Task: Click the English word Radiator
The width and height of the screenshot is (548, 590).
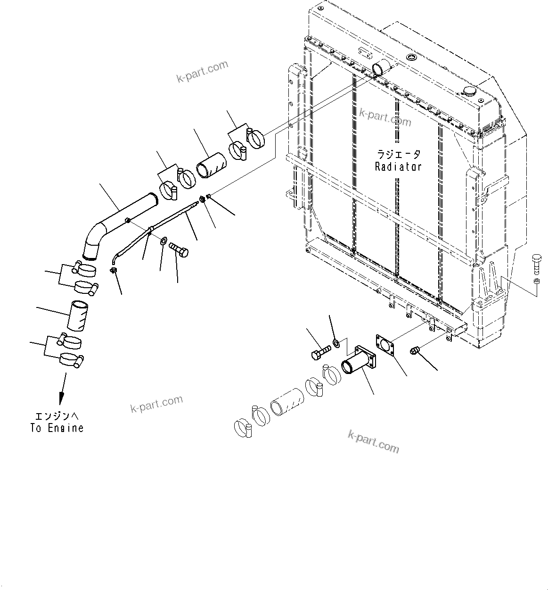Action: (398, 166)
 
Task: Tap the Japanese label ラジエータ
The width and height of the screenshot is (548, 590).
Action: (398, 154)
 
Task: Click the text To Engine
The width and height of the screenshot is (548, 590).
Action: (57, 428)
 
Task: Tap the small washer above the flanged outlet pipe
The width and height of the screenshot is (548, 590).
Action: (336, 343)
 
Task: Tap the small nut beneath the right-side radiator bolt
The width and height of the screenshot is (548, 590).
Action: (536, 282)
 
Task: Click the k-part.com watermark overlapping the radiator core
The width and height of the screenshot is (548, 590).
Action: (385, 116)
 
